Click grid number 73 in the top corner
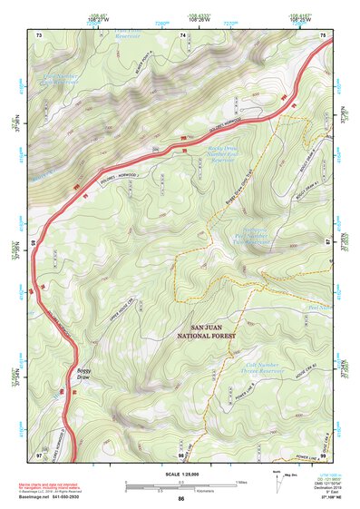[39, 34]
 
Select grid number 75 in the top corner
[324, 34]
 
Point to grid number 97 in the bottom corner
[39, 453]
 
